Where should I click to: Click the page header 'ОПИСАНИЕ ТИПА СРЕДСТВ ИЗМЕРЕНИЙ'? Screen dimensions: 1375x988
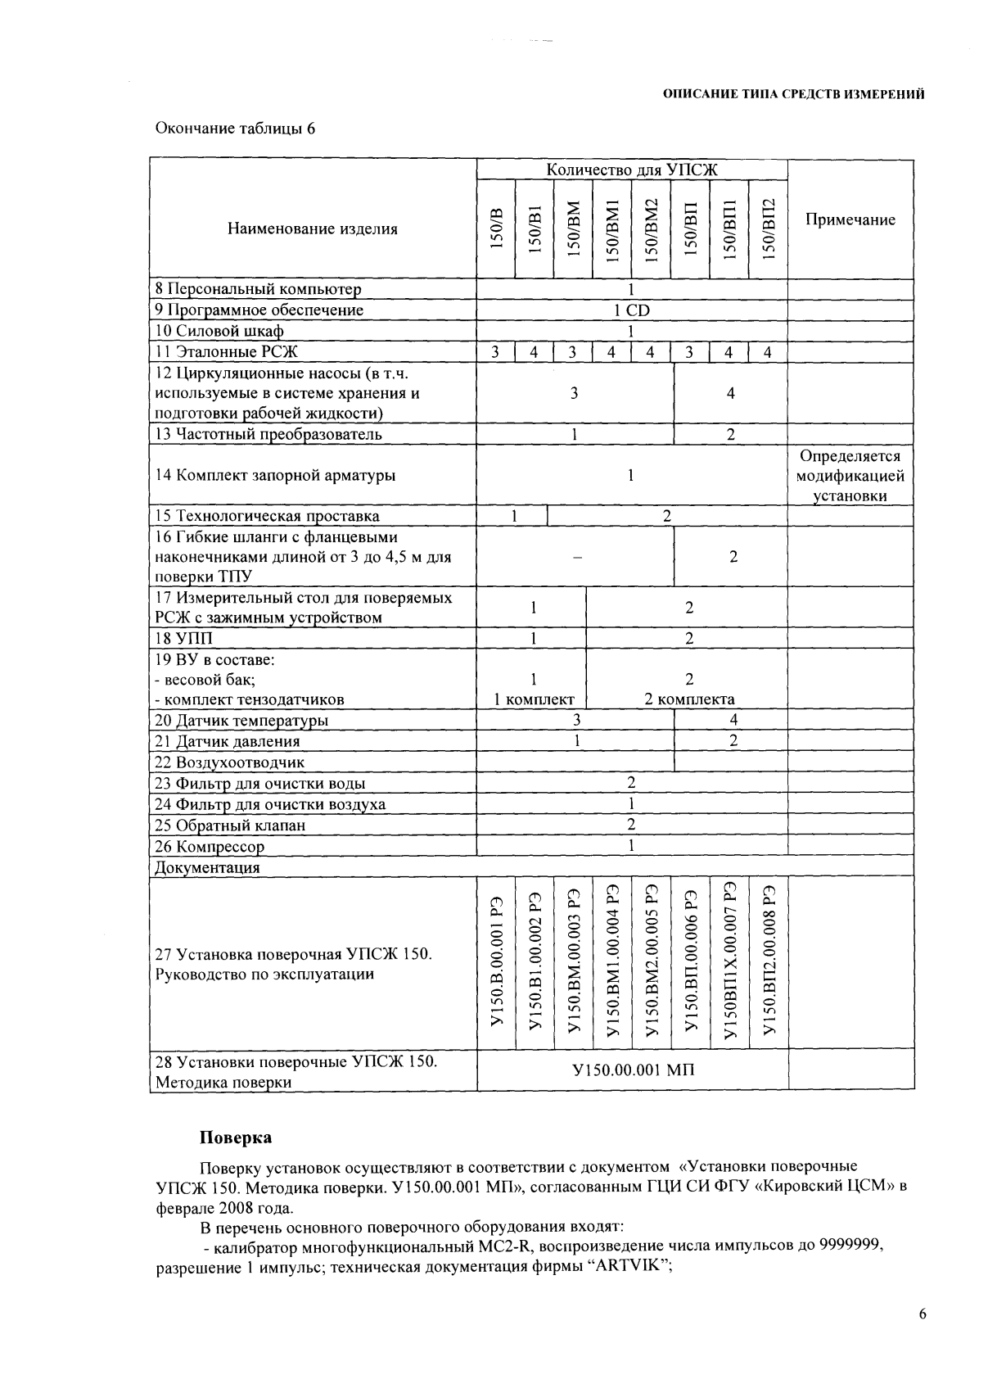[x=793, y=94]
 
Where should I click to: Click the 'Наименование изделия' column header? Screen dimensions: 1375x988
[x=313, y=228]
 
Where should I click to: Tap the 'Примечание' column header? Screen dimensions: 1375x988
[x=850, y=219]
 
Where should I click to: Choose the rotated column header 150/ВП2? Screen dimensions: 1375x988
[x=768, y=229]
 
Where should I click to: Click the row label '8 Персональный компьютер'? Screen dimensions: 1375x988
[x=258, y=289]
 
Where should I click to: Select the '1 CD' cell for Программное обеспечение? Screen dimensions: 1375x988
[x=631, y=310]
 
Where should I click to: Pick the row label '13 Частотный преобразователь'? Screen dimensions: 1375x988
[x=268, y=434]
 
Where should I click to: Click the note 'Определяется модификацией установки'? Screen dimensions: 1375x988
[x=850, y=476]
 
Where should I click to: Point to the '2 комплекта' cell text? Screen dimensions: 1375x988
[x=689, y=699]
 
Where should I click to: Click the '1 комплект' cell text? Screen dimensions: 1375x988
[x=533, y=699]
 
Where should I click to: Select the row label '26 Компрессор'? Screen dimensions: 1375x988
[x=210, y=847]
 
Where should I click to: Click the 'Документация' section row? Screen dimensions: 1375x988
[x=207, y=867]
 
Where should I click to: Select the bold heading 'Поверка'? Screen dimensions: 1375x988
[x=236, y=1138]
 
